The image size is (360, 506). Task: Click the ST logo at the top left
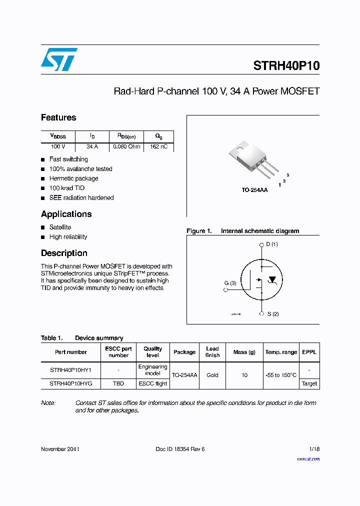[59, 59]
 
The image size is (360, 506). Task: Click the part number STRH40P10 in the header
[286, 66]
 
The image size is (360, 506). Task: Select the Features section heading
[58, 117]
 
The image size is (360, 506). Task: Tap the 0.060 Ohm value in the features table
[126, 147]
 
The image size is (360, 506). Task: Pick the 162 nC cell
[158, 147]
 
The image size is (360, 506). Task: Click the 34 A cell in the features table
[92, 147]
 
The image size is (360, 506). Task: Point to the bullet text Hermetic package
[73, 178]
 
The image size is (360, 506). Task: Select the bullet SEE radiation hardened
[81, 197]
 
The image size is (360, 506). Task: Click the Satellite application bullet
[60, 227]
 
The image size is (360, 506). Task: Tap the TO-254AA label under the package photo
[254, 190]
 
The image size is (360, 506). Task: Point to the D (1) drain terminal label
[271, 244]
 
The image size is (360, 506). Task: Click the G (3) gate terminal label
[230, 283]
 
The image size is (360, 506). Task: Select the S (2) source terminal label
[272, 314]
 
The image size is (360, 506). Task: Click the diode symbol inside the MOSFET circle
[272, 279]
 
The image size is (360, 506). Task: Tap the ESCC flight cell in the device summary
[153, 383]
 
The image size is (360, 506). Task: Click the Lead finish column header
[212, 352]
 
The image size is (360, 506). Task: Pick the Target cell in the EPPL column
[309, 383]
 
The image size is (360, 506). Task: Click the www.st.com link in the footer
[308, 459]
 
